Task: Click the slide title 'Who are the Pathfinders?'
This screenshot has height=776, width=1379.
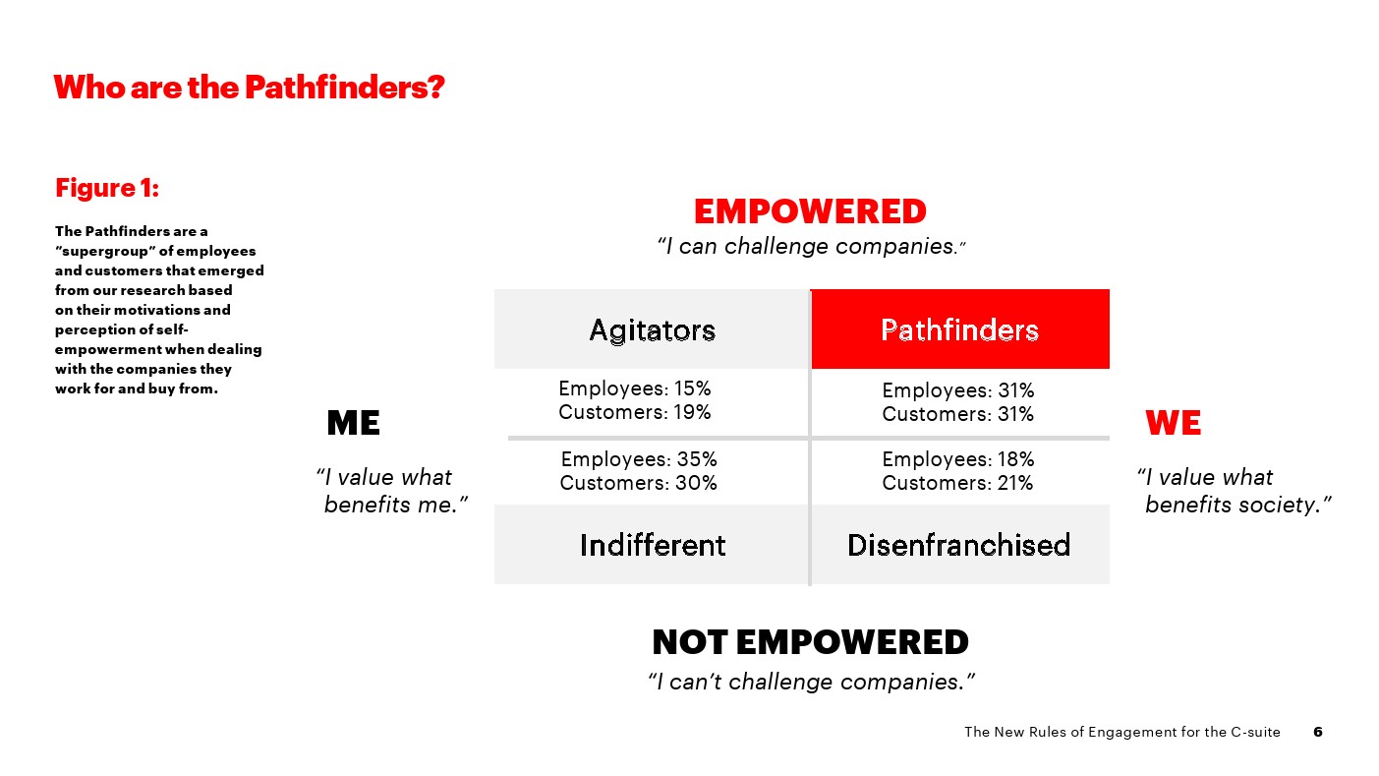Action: coord(250,88)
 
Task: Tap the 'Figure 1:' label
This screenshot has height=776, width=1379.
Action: coord(107,188)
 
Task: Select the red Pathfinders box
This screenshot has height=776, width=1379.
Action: coord(960,328)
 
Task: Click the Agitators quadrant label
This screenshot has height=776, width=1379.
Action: coord(653,330)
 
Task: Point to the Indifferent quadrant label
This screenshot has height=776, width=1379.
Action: coord(653,545)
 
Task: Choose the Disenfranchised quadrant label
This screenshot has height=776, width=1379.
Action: coord(959,545)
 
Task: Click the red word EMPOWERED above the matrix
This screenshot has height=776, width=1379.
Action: coord(810,211)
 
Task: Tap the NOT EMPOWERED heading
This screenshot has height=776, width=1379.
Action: coord(810,642)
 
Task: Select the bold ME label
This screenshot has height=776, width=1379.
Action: coord(354,423)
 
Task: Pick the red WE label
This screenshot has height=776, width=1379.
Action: coord(1174,423)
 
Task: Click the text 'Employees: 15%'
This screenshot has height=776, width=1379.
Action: coord(635,388)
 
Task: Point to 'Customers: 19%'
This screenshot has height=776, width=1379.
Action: coord(635,412)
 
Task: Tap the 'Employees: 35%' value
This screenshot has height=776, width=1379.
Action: coord(639,459)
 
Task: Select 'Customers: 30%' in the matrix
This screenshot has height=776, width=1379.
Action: coord(639,483)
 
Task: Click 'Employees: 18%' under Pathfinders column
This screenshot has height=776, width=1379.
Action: coord(958,459)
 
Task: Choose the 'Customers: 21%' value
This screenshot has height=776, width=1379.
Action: coord(958,483)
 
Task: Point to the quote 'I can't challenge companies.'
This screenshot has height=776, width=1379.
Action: coord(812,682)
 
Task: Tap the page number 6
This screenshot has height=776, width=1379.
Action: coord(1318,732)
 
